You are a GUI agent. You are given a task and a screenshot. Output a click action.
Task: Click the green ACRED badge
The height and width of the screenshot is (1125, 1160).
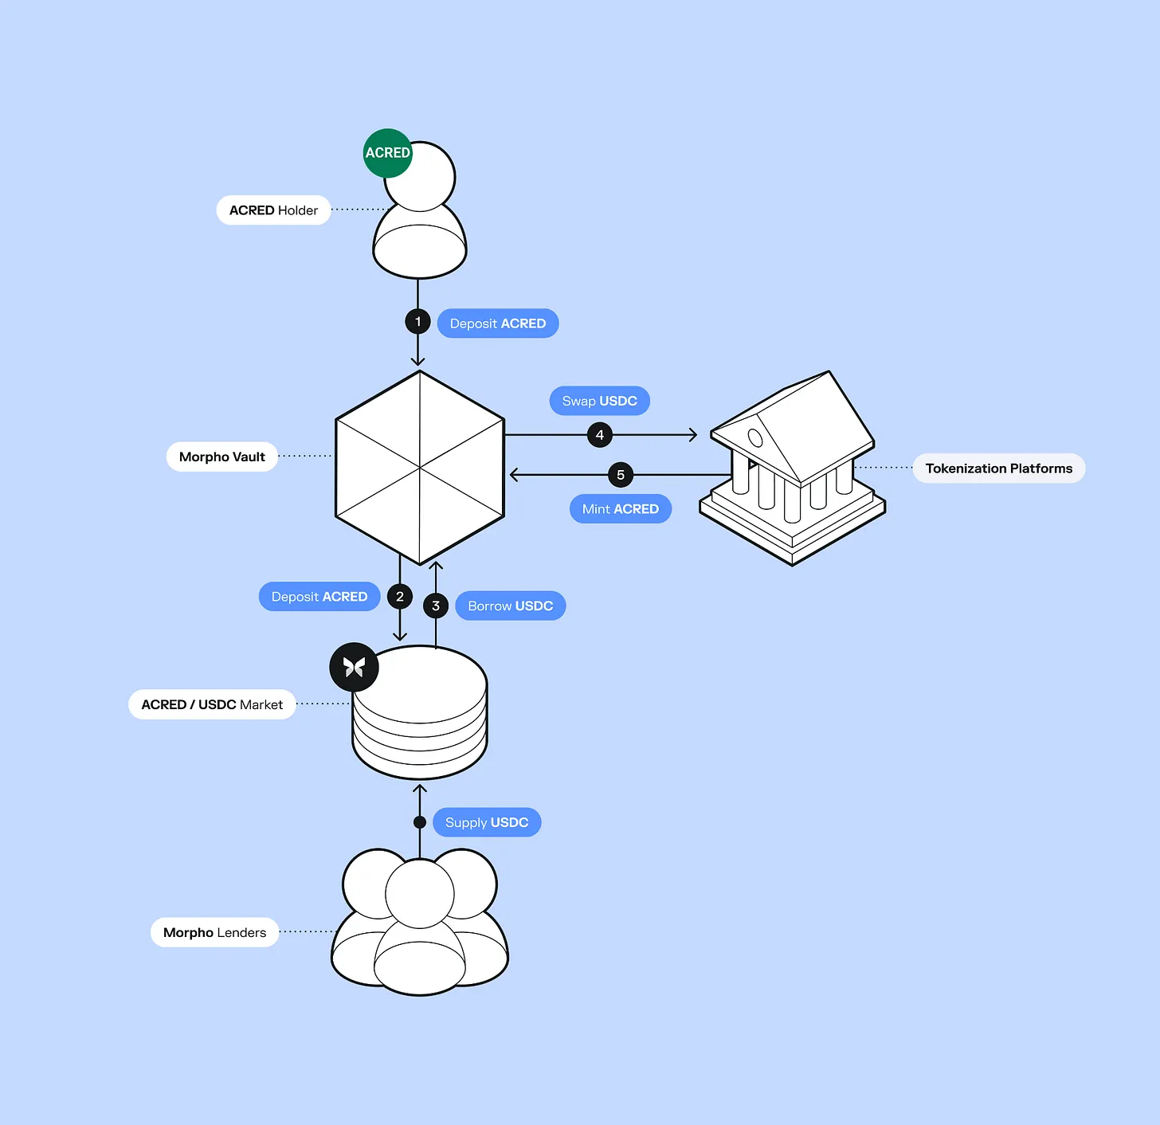pos(387,153)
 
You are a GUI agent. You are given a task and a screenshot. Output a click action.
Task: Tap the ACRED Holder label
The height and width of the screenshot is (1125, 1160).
pos(273,210)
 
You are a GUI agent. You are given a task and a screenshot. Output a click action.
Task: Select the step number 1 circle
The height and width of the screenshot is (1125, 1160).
pos(417,321)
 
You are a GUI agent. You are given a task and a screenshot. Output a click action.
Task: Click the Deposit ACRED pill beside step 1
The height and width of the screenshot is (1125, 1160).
pos(498,323)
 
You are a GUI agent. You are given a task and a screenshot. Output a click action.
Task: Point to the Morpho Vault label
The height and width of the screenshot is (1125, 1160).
pos(221,457)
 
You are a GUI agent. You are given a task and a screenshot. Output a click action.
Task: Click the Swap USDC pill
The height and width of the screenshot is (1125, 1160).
pos(600,401)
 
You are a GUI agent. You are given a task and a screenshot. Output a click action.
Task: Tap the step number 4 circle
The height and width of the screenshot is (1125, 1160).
pos(600,434)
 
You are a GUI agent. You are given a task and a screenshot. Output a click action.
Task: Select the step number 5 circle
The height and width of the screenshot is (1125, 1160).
pos(621,475)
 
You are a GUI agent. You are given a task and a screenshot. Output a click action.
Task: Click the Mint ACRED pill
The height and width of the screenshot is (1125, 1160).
pos(621,508)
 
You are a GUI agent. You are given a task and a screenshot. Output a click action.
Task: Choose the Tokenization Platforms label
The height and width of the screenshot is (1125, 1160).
pos(998,468)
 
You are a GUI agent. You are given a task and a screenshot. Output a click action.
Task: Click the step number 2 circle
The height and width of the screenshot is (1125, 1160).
pos(400,596)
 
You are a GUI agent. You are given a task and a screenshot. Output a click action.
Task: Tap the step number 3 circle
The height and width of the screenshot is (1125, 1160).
pos(436,606)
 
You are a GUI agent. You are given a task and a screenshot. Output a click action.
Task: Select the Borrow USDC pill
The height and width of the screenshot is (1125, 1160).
pos(510,606)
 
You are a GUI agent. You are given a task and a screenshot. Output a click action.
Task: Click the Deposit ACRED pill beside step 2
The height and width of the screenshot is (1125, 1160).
pos(319,596)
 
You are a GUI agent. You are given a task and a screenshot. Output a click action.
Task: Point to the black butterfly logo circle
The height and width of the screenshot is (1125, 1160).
pos(354,667)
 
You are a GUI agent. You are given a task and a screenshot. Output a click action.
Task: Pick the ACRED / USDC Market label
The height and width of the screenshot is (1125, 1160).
pos(212,704)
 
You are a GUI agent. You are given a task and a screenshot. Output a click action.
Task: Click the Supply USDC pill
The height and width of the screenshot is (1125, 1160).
pos(487,822)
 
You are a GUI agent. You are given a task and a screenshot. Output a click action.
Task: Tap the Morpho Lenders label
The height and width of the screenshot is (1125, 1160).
pos(214,932)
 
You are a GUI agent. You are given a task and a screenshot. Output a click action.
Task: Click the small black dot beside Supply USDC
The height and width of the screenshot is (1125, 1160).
pos(420,822)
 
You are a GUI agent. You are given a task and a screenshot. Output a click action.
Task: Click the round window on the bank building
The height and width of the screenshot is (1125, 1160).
pos(755,438)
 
